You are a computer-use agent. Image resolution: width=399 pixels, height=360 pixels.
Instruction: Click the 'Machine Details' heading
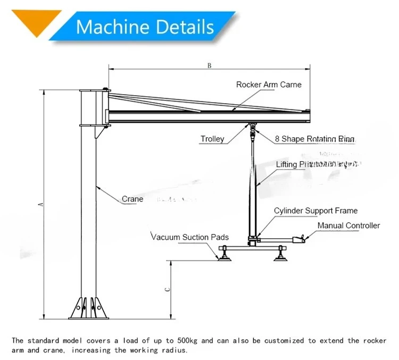145,26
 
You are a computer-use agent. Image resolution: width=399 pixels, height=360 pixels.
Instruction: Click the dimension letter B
210,66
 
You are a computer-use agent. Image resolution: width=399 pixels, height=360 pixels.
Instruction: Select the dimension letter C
167,290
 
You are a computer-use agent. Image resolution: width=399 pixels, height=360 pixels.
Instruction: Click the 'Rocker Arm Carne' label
269,85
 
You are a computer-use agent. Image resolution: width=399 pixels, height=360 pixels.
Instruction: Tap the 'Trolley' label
212,139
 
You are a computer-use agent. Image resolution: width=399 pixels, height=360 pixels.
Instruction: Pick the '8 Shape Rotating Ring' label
314,139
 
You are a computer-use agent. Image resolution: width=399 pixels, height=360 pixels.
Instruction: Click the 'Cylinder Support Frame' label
315,211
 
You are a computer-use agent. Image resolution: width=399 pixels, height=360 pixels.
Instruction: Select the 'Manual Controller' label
348,225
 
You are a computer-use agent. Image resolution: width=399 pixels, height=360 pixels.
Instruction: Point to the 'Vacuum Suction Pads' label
190,237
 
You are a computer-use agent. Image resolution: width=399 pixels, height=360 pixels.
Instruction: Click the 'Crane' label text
132,199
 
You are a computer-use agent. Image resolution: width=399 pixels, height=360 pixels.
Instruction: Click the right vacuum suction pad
280,258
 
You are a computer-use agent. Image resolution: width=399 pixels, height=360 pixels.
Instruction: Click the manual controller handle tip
304,239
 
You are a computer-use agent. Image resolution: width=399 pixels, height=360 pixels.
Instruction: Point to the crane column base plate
88,317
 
